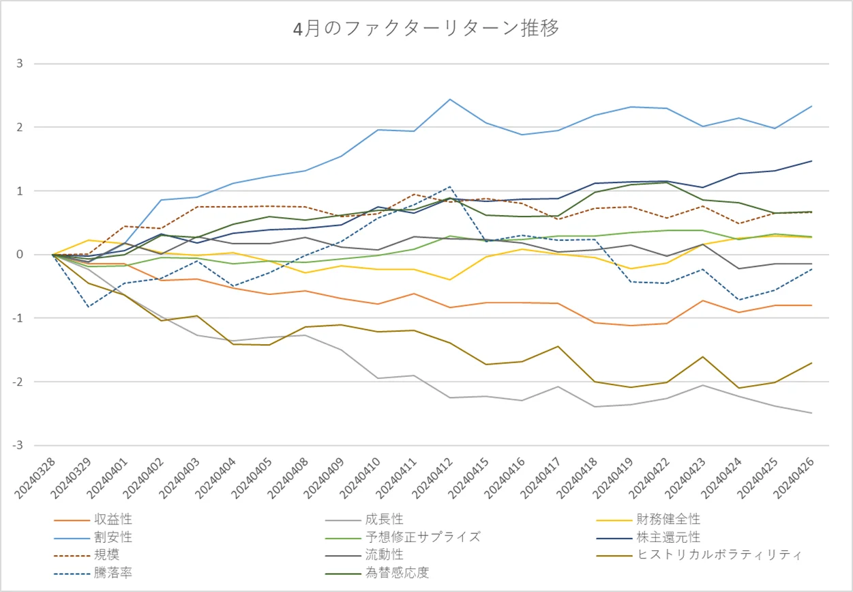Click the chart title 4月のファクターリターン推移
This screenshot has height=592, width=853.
[426, 29]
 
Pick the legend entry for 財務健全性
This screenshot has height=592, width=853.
[668, 520]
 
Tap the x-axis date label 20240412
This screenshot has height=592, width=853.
[434, 478]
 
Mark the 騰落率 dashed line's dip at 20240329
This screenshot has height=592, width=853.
[88, 307]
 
